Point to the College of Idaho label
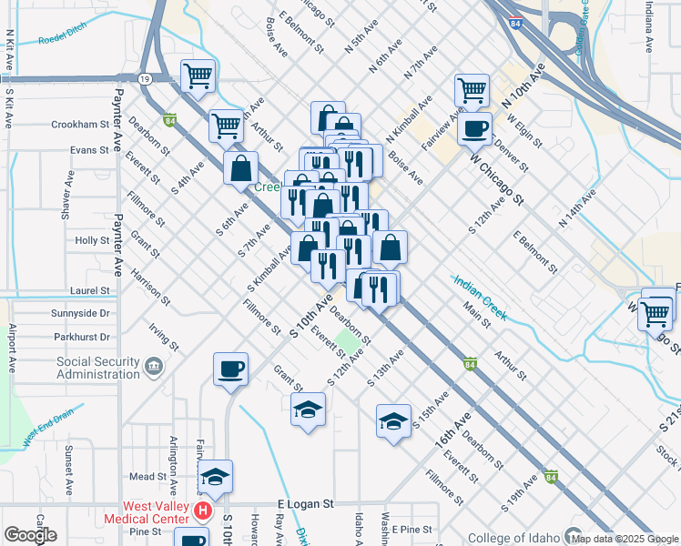513,537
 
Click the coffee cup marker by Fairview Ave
473,128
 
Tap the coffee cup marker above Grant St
230,369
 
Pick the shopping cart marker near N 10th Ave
472,90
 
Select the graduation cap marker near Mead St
215,477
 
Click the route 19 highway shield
146,79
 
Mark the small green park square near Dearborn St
346,343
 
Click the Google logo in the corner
29,535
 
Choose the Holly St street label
92,240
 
